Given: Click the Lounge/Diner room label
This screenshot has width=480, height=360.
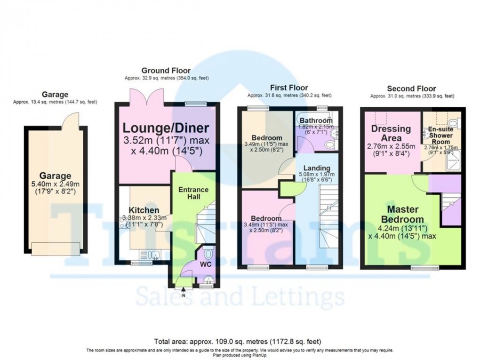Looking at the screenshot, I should (x=167, y=128).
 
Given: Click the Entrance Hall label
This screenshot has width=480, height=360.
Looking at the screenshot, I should (x=193, y=193).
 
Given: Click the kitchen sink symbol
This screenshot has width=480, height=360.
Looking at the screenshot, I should (x=153, y=255).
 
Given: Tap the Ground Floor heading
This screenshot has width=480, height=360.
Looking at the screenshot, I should (x=167, y=71).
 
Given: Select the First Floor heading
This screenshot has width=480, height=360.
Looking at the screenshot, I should (x=289, y=88).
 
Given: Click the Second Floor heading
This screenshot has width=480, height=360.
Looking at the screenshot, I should (x=411, y=88).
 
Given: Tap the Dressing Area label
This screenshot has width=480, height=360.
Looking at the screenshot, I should (x=391, y=133).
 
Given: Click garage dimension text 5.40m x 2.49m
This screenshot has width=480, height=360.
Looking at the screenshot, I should (x=56, y=184).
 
